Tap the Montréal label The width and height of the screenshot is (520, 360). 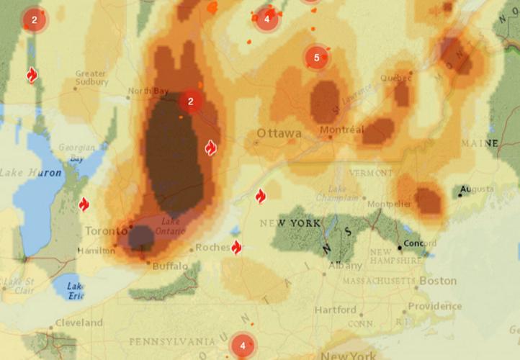(343, 130)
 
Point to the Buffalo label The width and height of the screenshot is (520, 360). (170, 266)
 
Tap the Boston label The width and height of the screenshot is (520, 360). (438, 281)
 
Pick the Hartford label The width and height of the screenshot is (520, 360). (335, 310)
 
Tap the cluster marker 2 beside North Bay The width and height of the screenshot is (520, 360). (191, 102)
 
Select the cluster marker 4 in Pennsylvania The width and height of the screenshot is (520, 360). (243, 346)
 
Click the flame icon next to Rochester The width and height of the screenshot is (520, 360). (236, 248)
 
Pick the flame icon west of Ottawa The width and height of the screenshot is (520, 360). (210, 148)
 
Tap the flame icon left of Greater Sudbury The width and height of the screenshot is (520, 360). (32, 76)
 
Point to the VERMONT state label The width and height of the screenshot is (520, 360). (371, 173)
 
